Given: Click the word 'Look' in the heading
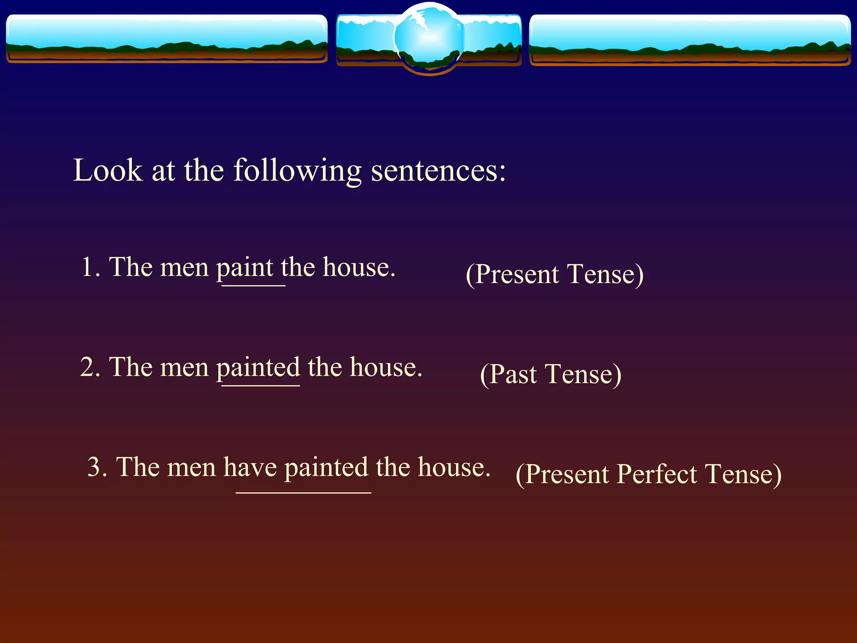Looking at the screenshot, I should point(108,170).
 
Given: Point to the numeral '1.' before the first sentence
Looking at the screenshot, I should point(91,267).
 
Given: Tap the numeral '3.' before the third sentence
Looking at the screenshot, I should point(98,467).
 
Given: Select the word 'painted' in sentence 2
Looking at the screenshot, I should point(258,368).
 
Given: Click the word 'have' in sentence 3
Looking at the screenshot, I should point(250,467).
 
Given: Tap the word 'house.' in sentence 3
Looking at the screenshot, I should point(454,467).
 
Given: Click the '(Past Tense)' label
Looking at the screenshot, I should point(551,374).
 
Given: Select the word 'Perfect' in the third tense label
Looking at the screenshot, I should point(657,474).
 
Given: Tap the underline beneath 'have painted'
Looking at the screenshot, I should point(303,493).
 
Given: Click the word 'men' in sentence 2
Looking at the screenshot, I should point(184,368).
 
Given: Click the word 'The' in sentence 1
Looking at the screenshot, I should point(131,267).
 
